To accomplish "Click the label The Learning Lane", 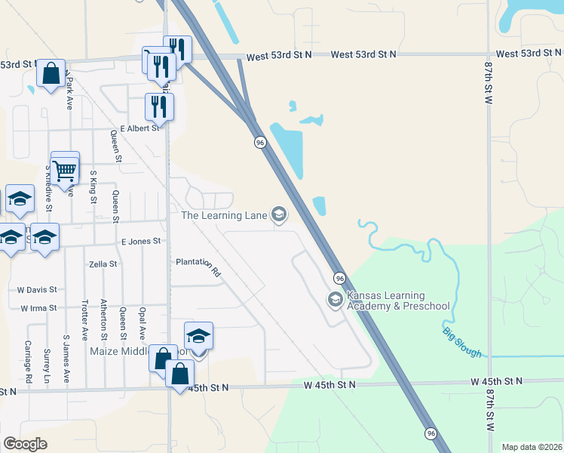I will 225,216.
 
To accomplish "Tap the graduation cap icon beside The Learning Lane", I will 279,216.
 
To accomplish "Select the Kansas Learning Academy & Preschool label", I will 398,300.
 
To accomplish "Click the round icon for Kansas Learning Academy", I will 335,300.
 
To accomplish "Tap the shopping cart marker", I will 65,168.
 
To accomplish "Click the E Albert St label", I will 140,128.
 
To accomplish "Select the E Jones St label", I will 141,241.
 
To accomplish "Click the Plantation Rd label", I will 198,266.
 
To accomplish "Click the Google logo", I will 26,443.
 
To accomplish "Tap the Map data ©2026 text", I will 531,447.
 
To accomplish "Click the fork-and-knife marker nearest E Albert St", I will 159,106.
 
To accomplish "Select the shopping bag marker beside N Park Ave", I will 51,75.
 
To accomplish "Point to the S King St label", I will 93,187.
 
